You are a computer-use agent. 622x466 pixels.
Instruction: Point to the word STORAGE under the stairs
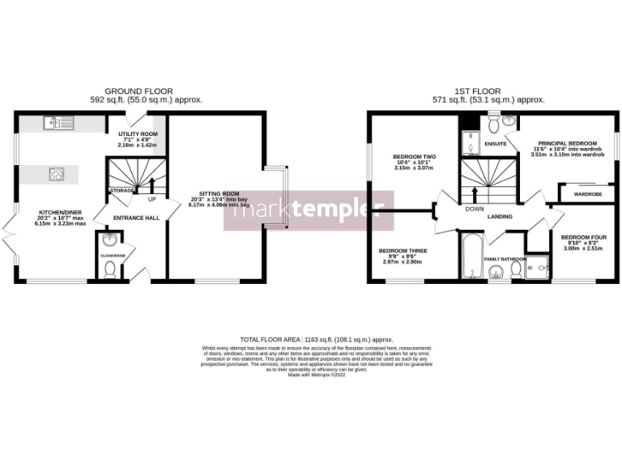coord(121,190)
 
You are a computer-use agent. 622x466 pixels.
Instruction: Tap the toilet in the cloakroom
coord(110,269)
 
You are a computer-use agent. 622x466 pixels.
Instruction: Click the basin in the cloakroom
coord(109,239)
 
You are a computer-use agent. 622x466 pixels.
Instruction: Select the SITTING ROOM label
coord(219,194)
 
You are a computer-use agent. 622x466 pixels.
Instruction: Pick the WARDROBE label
coord(586,194)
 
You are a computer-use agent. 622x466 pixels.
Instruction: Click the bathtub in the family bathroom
coord(471,256)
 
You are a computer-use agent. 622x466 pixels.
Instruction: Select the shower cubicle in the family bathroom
coord(536,269)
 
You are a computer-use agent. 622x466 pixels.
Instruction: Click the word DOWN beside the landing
coord(475,208)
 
